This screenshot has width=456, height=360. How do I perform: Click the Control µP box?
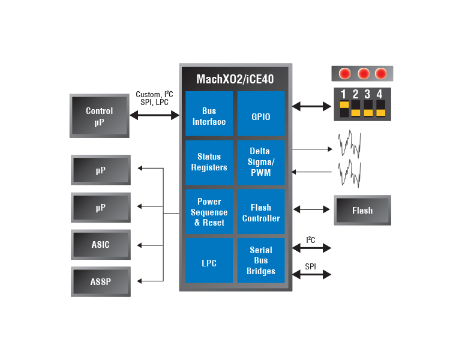tap(100, 116)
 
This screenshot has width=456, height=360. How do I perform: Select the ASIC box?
tap(101, 245)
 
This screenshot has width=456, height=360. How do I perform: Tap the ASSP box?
tap(101, 281)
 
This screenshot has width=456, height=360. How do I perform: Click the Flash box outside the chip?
tap(362, 210)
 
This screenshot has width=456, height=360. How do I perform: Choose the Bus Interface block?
tap(209, 113)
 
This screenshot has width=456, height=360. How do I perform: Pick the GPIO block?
tap(261, 113)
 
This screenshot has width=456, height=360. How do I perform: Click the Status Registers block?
tap(209, 162)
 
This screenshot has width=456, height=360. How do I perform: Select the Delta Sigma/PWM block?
tap(261, 162)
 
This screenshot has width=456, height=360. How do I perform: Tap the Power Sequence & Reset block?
tap(209, 212)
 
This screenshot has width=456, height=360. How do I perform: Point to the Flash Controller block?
tap(261, 212)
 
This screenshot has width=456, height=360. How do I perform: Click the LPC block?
tap(209, 260)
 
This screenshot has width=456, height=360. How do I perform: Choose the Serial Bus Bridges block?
tap(261, 260)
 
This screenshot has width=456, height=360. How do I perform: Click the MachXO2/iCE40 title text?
tap(235, 79)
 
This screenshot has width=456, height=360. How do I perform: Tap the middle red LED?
tap(364, 74)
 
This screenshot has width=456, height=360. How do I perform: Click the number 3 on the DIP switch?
tap(367, 94)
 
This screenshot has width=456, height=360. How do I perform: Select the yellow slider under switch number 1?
tap(344, 104)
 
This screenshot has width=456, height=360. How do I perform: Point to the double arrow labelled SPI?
tap(311, 274)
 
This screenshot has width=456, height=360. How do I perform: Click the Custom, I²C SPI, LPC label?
tap(154, 98)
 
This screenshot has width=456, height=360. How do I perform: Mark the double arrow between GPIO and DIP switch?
tap(311, 106)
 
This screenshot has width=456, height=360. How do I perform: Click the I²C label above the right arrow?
tap(311, 240)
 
